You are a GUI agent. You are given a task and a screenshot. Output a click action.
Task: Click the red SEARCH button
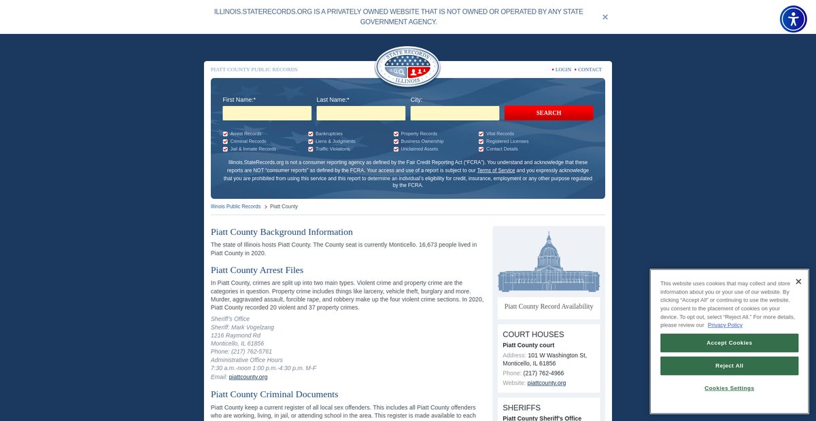point(548,113)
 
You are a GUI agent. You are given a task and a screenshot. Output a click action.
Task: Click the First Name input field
point(267,113)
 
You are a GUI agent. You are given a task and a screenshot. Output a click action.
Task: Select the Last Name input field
point(360,113)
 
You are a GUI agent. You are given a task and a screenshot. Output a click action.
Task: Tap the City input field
point(454,113)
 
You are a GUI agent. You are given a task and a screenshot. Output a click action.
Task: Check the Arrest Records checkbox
point(225,134)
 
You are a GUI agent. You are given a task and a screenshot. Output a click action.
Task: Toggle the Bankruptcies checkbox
point(311,134)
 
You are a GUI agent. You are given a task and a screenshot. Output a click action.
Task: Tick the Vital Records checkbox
point(481,134)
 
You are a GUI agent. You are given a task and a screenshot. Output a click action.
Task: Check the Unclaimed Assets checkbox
point(396,149)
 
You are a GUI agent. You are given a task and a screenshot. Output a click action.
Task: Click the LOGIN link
point(563,69)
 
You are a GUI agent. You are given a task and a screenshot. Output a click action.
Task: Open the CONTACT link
point(590,69)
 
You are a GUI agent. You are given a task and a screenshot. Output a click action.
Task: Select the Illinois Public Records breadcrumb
point(235,206)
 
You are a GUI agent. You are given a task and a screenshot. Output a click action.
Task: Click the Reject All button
point(729,366)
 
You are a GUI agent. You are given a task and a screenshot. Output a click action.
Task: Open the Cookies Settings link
point(729,388)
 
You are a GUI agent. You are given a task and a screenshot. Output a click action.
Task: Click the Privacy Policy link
point(725,325)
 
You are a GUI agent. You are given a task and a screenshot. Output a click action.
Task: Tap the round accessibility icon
point(793,19)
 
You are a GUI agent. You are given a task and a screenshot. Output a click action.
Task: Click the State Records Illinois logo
point(407,67)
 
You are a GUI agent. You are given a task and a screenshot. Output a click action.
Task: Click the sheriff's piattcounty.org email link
point(248,377)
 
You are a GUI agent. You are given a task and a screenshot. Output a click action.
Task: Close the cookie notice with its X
point(798,281)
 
